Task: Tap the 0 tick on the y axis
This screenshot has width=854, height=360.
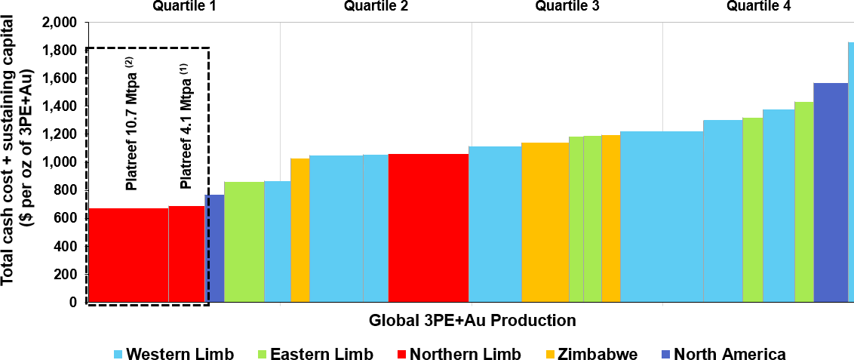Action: click(x=73, y=302)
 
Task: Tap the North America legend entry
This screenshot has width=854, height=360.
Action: click(x=722, y=354)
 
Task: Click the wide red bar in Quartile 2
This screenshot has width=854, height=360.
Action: click(x=428, y=226)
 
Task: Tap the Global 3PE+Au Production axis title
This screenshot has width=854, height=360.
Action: click(x=472, y=320)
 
